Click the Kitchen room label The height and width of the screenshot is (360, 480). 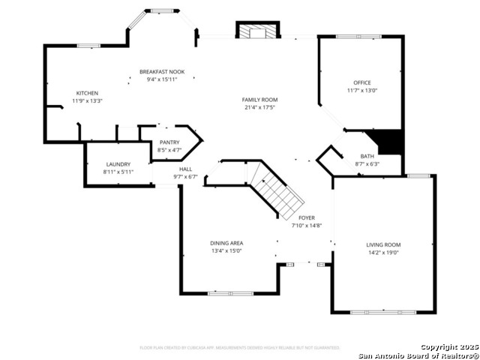coord(87,93)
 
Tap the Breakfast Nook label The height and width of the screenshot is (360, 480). coord(162,72)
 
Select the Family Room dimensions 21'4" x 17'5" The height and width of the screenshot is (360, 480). coord(259,107)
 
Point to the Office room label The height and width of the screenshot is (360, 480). coord(362,82)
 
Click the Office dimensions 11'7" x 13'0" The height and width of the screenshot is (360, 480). coord(362,91)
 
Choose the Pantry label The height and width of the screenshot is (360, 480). coord(169,142)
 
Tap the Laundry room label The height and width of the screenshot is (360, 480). coord(118,164)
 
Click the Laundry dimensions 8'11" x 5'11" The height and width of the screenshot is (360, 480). coord(118,172)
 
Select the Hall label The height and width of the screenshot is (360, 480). coord(185,169)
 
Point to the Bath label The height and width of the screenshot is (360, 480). coord(367,156)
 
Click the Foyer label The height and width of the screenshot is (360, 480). coord(307,217)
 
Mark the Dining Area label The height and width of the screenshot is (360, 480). coord(226,243)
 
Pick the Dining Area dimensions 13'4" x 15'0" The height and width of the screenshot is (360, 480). coord(226,251)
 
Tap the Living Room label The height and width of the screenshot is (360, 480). coord(383,245)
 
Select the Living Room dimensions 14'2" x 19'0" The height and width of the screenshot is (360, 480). coord(383,253)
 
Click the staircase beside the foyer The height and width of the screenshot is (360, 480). coord(277,191)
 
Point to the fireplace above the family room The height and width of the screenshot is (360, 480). coord(258,30)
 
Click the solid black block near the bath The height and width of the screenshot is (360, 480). coord(390,140)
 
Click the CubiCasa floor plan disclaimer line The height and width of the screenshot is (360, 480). coord(240,347)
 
